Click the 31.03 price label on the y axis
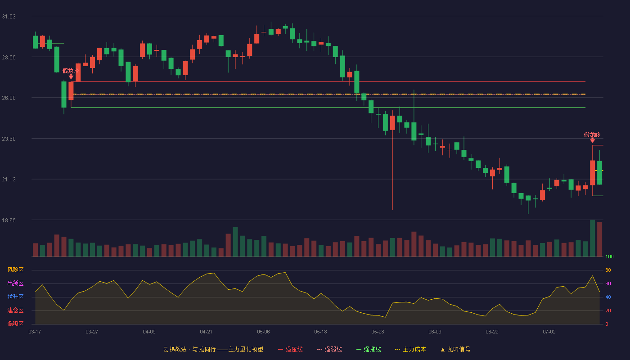pos(9,17)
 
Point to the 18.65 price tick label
pos(9,220)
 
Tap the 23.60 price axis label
pos(9,139)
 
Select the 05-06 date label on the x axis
pos(263,332)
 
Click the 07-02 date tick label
pos(549,332)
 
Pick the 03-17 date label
pos(35,332)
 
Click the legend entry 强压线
pos(290,349)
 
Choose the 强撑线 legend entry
pos(369,349)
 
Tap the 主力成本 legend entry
pos(410,349)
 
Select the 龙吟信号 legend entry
pos(455,349)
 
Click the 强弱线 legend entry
pos(329,349)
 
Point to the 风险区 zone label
pos(15,270)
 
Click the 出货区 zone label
pos(15,283)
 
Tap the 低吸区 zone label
pos(15,324)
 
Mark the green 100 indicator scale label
pos(609,256)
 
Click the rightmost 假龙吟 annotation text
pos(592,135)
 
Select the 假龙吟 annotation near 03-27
pos(70,71)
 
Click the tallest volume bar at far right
pos(592,238)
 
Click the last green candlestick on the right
pos(599,173)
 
